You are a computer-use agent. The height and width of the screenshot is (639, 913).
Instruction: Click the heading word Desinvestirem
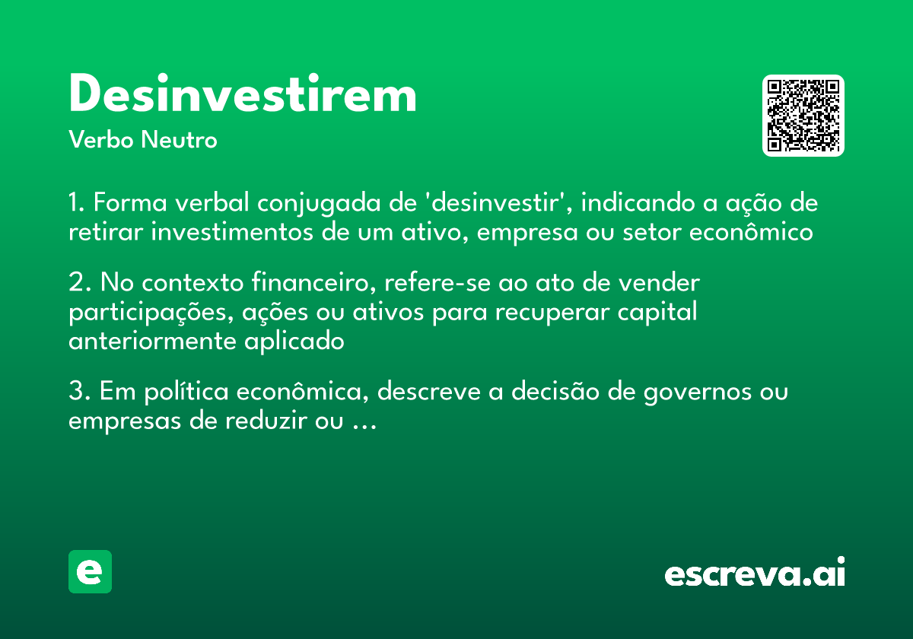point(243,95)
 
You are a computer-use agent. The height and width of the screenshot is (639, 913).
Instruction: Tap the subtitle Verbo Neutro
point(143,140)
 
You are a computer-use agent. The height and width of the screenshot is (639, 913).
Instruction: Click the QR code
point(803,116)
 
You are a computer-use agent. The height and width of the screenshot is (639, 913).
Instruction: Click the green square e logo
point(90,571)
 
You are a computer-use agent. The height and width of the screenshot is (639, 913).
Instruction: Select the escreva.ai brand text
point(754,574)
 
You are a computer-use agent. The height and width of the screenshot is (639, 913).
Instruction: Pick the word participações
point(136,313)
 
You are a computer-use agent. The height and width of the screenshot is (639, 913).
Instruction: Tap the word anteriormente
point(153,342)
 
